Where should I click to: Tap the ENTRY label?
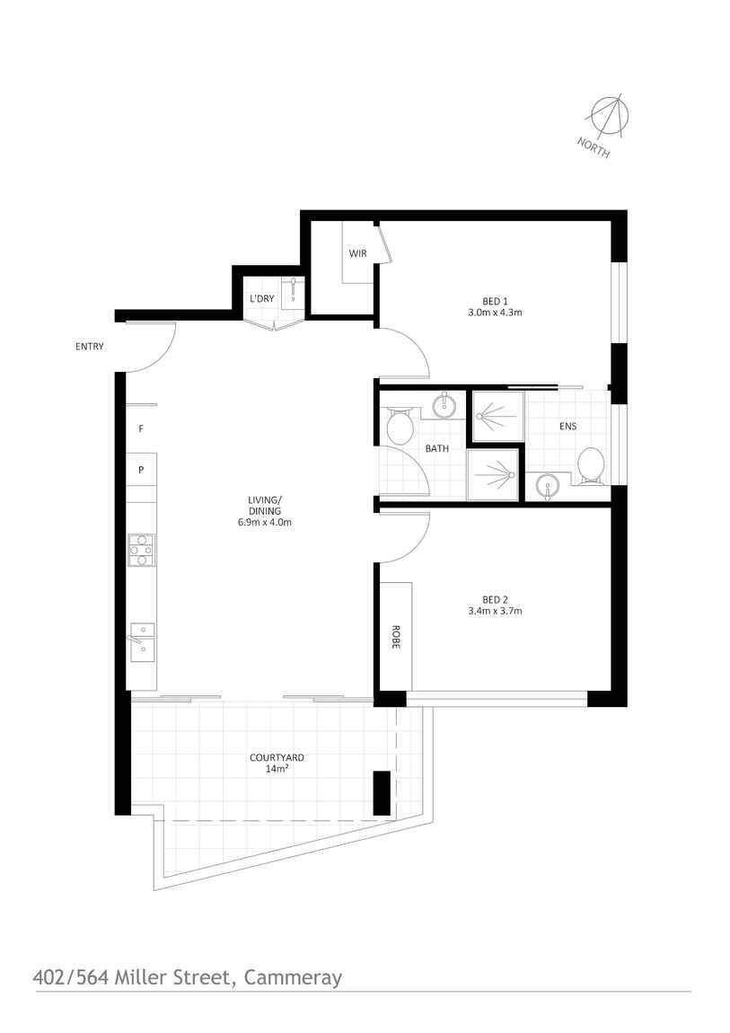coord(90,347)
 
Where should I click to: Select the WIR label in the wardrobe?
coord(358,253)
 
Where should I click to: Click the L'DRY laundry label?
coord(262,298)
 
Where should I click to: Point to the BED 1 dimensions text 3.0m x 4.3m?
coord(495,313)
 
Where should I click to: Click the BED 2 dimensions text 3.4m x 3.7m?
coord(495,611)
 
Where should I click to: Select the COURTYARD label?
coord(277,757)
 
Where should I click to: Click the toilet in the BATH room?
coord(400,427)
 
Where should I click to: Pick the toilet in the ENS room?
coord(591,464)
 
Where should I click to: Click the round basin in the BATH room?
coord(444,407)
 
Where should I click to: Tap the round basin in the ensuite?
coord(546,487)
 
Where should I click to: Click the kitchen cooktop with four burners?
coord(142,551)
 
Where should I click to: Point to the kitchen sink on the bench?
coord(142,641)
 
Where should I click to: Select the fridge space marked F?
coord(141,429)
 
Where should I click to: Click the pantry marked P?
coord(141,469)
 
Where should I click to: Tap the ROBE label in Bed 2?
coord(394,637)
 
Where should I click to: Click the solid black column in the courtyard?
coord(382,793)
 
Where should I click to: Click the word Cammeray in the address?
coord(293,976)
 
